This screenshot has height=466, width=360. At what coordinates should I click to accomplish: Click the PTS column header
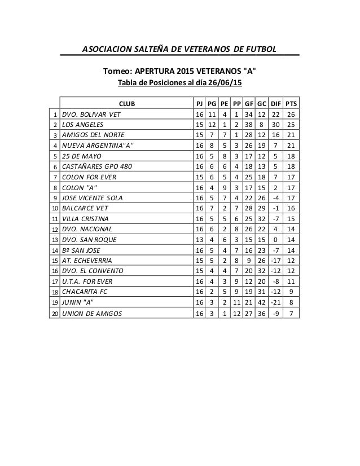pos(291,104)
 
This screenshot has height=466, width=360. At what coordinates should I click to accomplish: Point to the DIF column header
pos(275,104)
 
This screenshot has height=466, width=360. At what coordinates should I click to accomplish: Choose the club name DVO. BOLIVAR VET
pos(91,115)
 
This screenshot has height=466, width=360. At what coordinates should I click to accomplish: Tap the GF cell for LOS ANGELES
pos(248,125)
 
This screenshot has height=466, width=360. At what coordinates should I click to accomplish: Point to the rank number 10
pos(55,208)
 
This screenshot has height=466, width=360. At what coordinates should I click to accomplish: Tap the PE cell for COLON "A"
pos(223,187)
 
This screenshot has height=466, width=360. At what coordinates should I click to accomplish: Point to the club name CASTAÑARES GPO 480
pos(98,166)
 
